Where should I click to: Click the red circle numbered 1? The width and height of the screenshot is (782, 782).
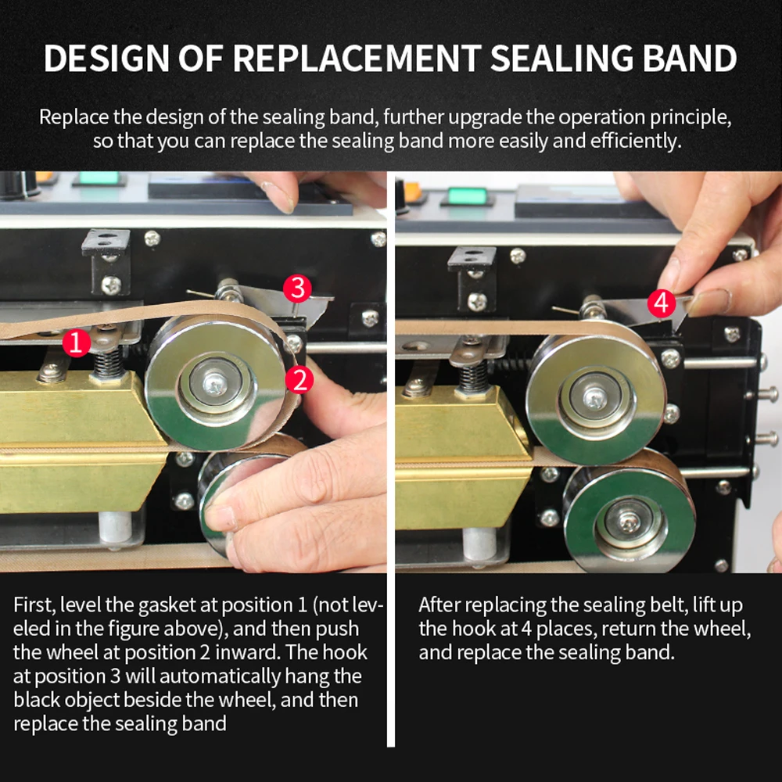77,343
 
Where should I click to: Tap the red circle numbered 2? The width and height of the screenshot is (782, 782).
300,379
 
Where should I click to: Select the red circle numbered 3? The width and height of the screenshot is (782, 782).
297,289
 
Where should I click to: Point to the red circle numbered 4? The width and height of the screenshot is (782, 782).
662,303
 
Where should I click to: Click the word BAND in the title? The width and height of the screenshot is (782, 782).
689,59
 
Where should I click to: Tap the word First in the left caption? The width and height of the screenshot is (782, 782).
34,605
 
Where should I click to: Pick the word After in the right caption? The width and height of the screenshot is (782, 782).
439,605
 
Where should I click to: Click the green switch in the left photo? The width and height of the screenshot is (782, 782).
99,178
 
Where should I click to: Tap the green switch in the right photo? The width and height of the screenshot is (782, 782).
467,195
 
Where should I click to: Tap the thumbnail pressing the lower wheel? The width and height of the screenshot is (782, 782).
221,518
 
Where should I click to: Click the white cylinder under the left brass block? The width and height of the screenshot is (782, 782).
116,529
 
